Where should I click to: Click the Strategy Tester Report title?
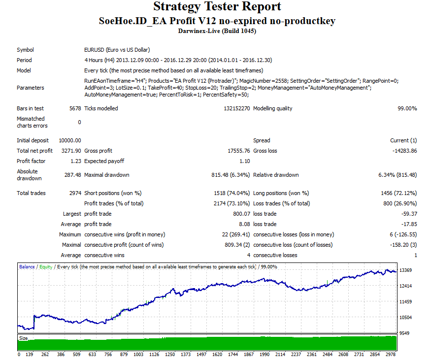217,7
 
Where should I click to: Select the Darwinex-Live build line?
217,31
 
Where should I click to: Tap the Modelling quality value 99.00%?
407,108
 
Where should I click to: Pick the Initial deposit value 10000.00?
70,140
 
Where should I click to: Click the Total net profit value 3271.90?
71,151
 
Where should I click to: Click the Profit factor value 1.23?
75,161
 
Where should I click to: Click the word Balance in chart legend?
27,267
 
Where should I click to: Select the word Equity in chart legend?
45,267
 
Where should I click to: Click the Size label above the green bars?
23,338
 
